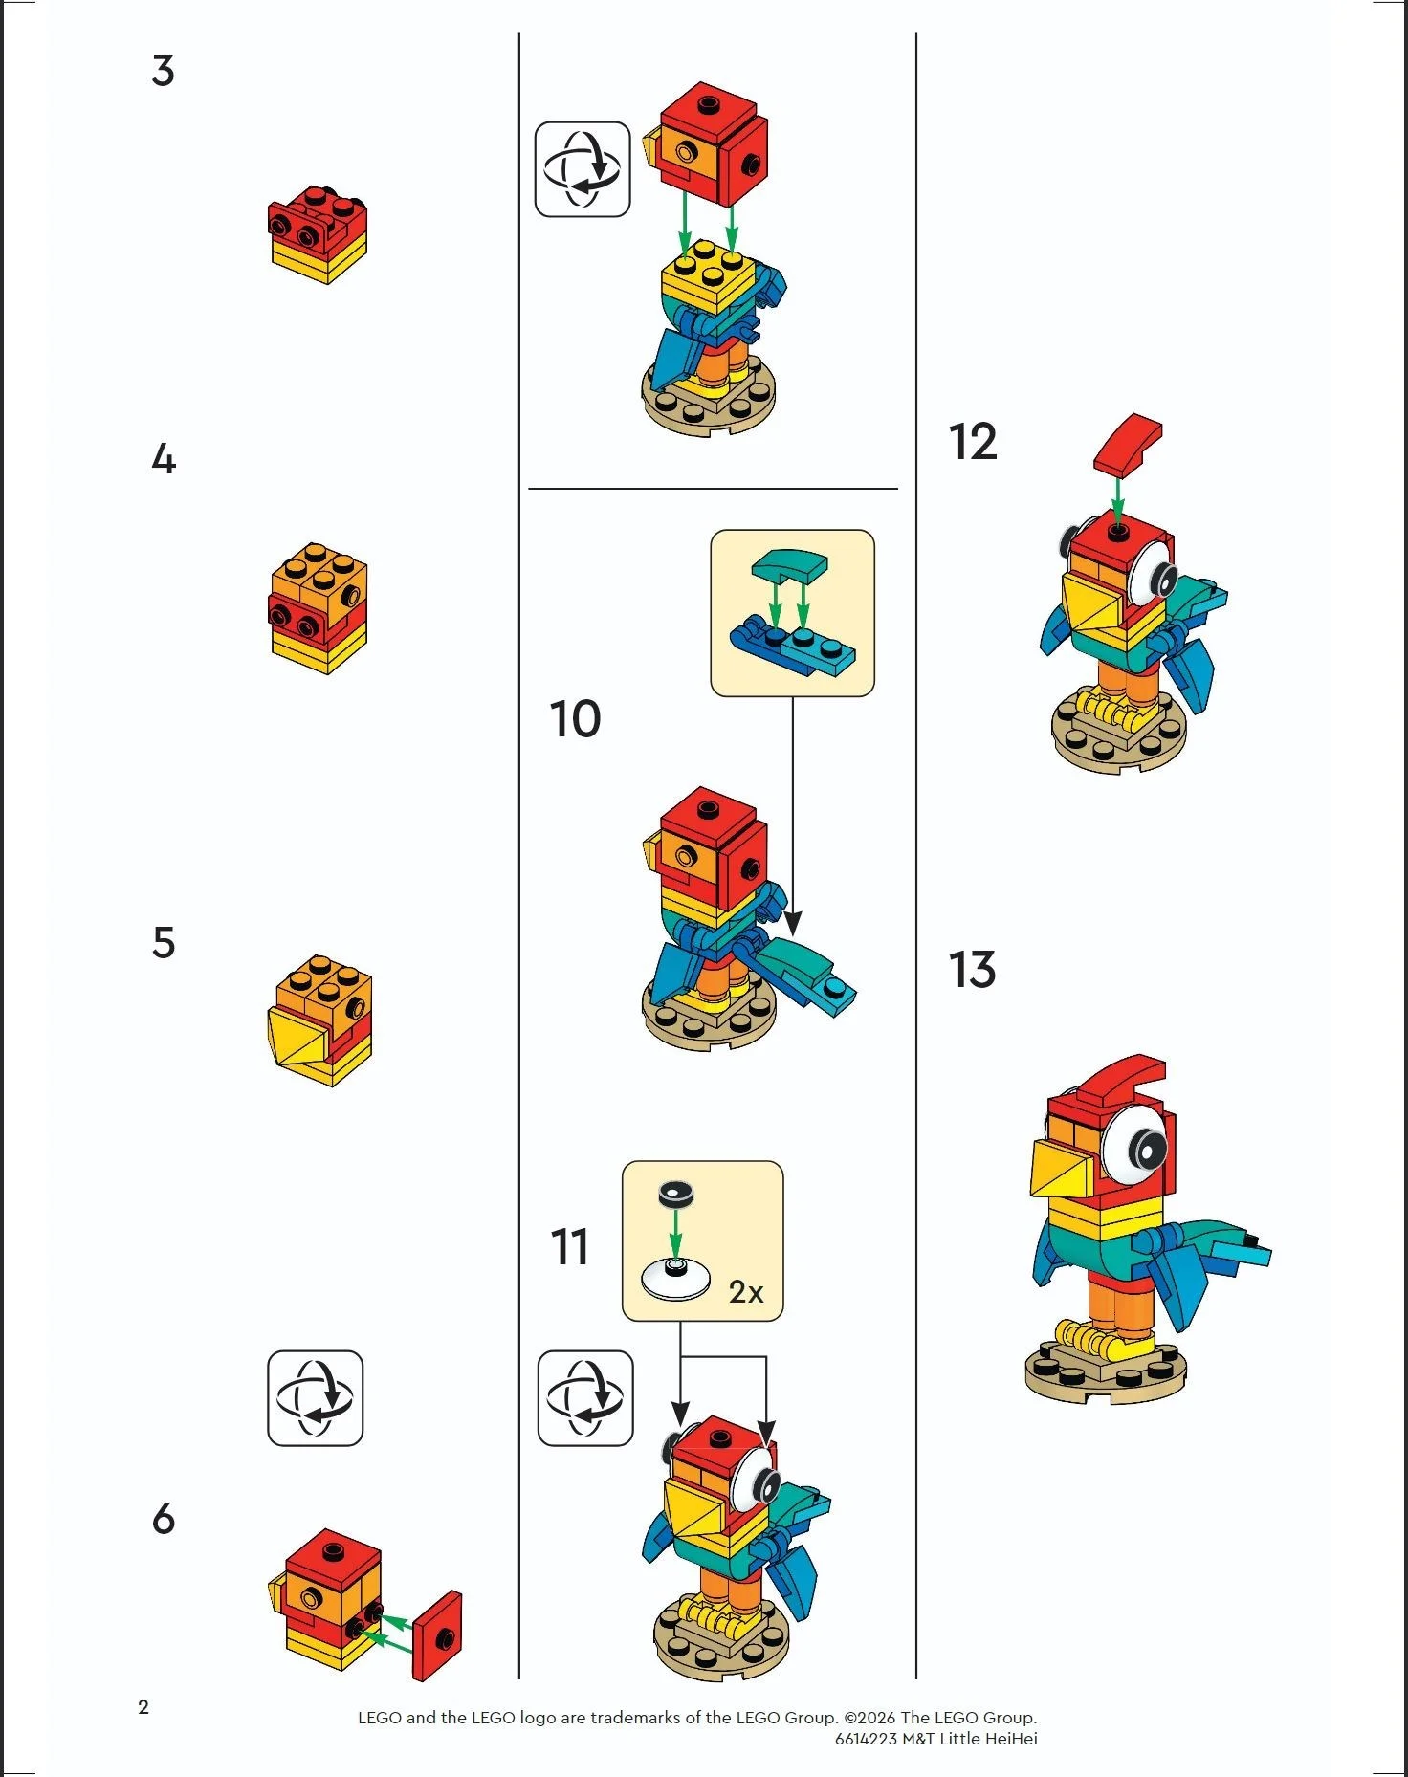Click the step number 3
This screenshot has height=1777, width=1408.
pyautogui.click(x=164, y=71)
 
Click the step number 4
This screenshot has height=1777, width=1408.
pyautogui.click(x=164, y=459)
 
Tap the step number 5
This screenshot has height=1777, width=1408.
pyautogui.click(x=164, y=942)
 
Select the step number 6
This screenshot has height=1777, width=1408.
pyautogui.click(x=164, y=1519)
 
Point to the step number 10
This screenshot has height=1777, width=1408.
pyautogui.click(x=575, y=719)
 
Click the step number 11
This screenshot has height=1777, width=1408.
pyautogui.click(x=570, y=1247)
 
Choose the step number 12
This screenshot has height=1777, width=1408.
pyautogui.click(x=973, y=442)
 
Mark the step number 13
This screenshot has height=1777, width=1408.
pyautogui.click(x=973, y=970)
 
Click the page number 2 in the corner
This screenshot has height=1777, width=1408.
pyautogui.click(x=143, y=1707)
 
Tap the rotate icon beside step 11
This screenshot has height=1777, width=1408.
pyautogui.click(x=585, y=1397)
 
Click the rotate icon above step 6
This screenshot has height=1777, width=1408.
pyautogui.click(x=315, y=1397)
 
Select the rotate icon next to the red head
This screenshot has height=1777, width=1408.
pyautogui.click(x=582, y=169)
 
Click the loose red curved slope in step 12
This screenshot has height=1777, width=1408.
pyautogui.click(x=1129, y=444)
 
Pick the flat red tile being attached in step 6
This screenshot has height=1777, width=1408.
pyautogui.click(x=437, y=1635)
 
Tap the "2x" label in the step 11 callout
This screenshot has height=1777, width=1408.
pyautogui.click(x=746, y=1292)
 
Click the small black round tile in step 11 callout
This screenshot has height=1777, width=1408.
pyautogui.click(x=676, y=1194)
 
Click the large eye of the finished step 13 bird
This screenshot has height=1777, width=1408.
pyautogui.click(x=1140, y=1145)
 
